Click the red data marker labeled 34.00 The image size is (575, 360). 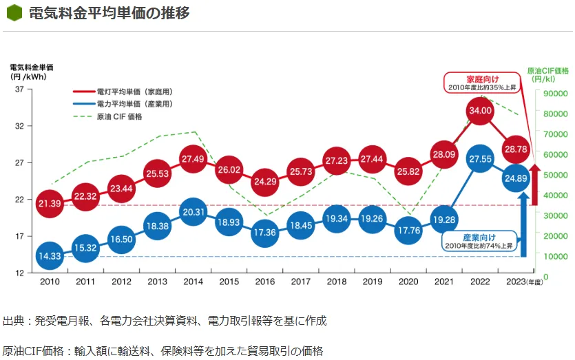click(480, 110)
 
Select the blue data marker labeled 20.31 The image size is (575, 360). click(194, 212)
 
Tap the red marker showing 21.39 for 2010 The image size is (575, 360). click(50, 204)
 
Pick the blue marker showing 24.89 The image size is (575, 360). click(516, 178)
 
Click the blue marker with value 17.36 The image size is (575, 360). click(264, 233)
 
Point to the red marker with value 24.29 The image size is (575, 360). click(264, 182)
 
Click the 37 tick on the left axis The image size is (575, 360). click(19, 89)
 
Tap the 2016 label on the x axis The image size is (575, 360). click(264, 282)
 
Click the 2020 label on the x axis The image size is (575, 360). click(408, 282)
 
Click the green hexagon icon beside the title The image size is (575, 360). click(14, 14)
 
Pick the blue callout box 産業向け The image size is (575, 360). click(479, 241)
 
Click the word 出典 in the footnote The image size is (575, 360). click(13, 321)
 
